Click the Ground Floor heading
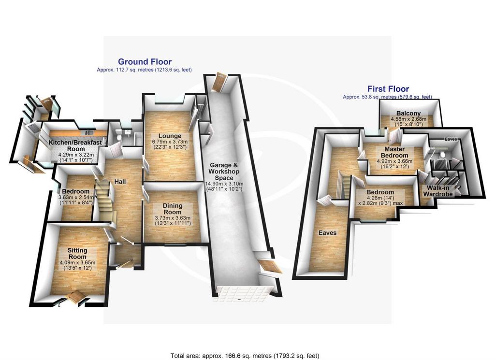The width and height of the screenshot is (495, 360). pos(145,61)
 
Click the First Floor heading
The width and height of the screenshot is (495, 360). pos(388,88)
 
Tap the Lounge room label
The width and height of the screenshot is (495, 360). pos(170,136)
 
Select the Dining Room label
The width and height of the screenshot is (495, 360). pos(173,209)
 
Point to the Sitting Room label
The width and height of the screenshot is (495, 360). pos(77,253)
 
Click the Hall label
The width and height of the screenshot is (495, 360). pos(120,181)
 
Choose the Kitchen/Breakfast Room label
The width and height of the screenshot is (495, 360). pos(75,145)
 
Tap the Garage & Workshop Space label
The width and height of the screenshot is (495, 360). pos(224,172)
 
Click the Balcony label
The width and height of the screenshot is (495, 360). pos(408,113)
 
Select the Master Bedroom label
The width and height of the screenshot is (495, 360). pos(394,152)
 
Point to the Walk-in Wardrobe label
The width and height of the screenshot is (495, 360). pos(438,191)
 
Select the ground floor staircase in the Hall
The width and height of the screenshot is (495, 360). pos(104,199)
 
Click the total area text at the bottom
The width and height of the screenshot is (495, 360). pos(245,356)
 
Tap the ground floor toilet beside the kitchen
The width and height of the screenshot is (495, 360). pos(118,136)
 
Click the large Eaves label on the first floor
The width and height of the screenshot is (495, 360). pos(327,232)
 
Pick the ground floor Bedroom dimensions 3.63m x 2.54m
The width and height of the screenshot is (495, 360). pos(76,197)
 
